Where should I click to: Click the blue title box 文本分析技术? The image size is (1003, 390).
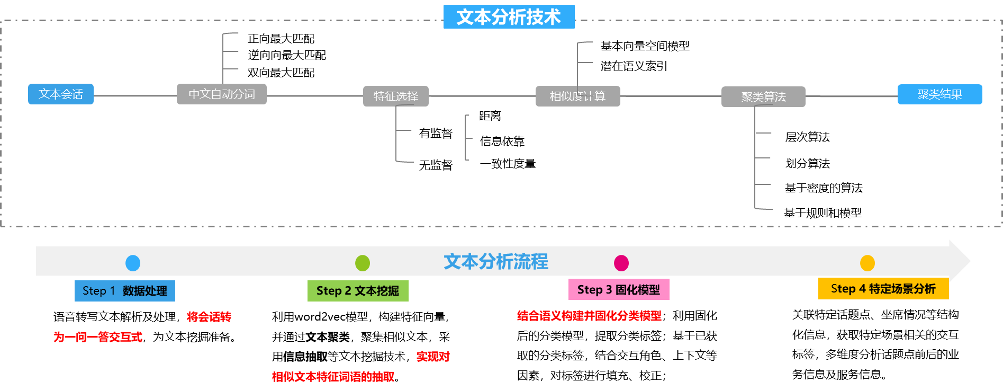coord(509,17)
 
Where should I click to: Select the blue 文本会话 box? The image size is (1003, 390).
coord(61,94)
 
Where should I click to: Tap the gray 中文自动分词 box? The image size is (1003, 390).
coord(221,94)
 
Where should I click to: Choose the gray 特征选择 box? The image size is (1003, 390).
coord(395,96)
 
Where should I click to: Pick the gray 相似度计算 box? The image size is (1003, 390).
coord(577,96)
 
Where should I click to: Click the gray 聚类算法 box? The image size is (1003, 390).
coord(763,97)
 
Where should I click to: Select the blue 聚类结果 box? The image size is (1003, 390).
coord(939,94)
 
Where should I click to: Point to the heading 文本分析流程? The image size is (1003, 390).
coord(496,262)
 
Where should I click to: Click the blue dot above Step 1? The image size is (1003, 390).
coord(133,263)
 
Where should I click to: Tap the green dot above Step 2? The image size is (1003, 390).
coord(363,263)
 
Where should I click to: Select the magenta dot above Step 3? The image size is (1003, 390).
coord(621,263)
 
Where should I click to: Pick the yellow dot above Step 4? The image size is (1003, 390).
coord(868,263)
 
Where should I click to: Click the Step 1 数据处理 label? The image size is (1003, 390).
coord(125,291)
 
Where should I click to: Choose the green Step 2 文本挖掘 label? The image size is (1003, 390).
coord(358,291)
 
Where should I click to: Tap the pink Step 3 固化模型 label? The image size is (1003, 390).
coord(619,290)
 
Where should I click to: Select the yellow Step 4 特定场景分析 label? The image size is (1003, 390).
coord(883,289)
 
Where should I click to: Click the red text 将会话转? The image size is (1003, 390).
coord(209,317)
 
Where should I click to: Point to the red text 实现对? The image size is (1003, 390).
coord(433,357)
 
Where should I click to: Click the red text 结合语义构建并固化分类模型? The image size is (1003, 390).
coord(589,316)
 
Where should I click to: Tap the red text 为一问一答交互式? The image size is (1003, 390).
coord(98,337)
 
